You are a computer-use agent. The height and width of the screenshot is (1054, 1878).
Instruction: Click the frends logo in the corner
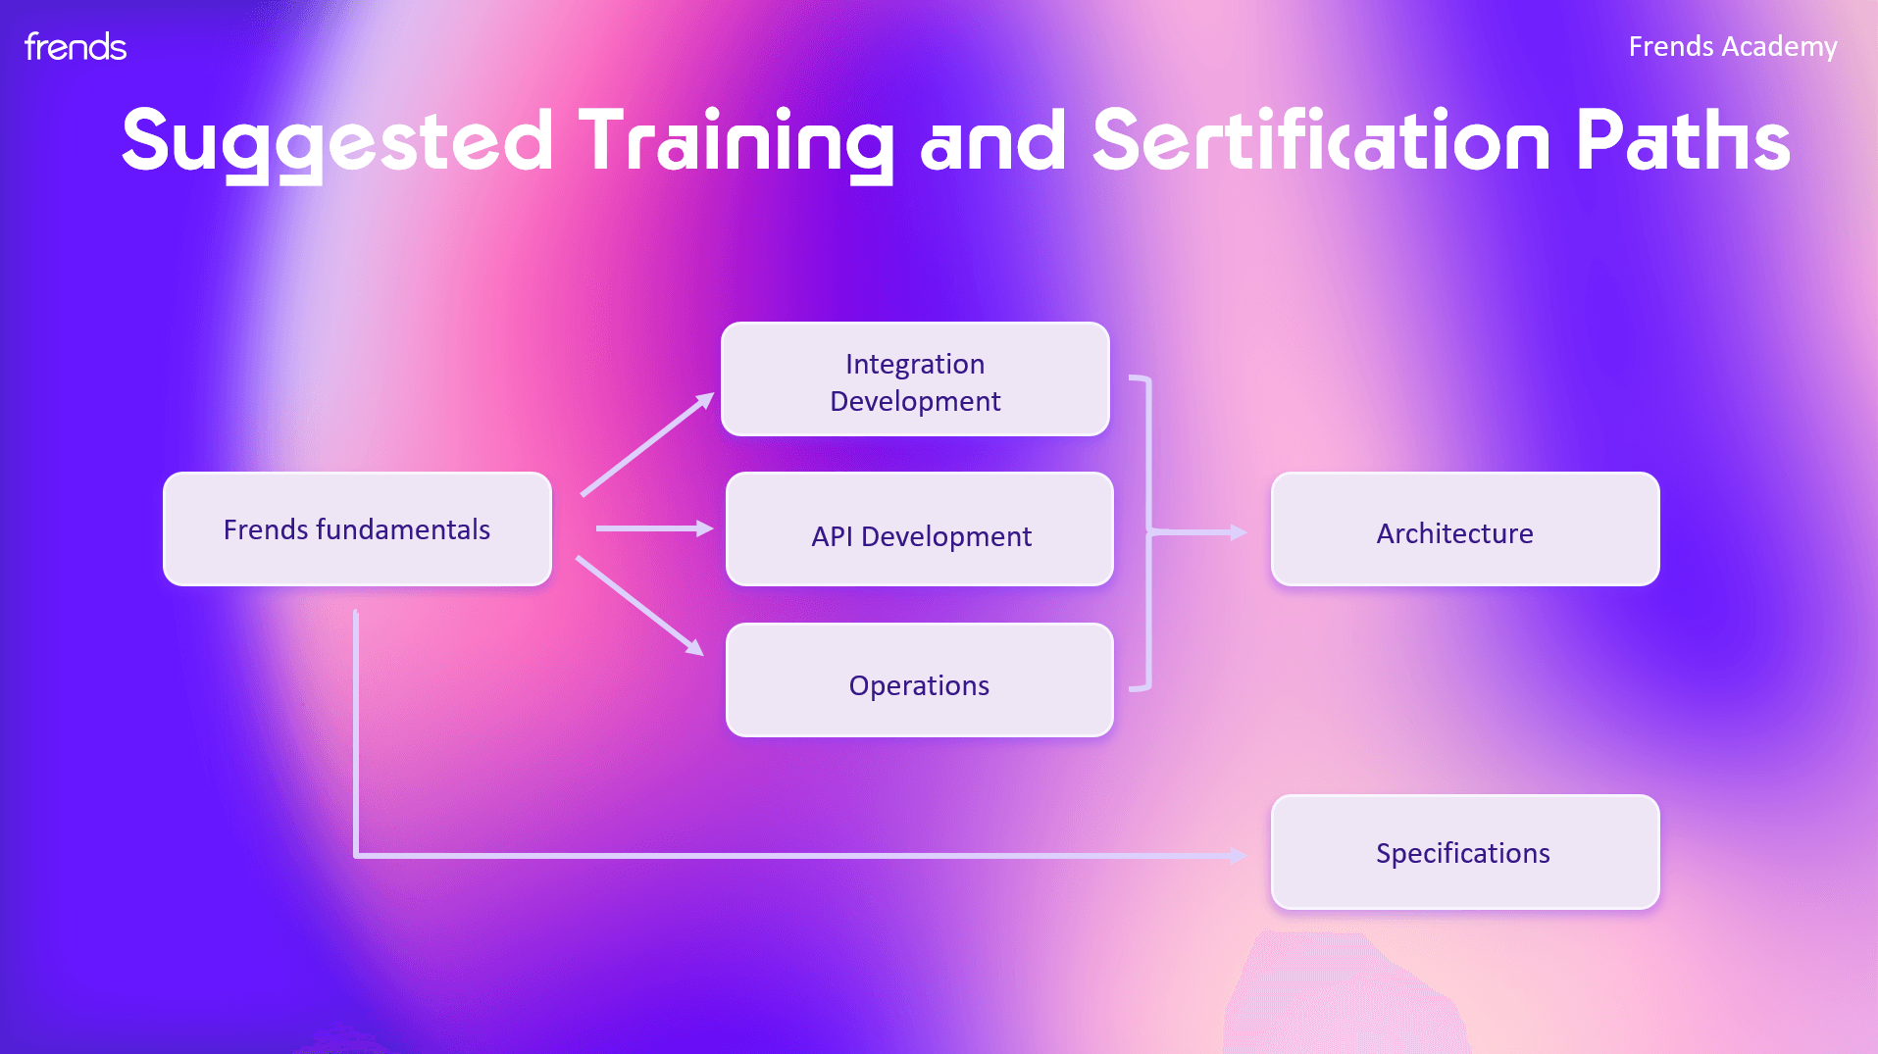click(76, 46)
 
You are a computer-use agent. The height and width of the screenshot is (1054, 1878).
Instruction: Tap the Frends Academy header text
click(1733, 46)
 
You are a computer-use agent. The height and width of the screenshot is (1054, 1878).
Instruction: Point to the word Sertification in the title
click(1321, 139)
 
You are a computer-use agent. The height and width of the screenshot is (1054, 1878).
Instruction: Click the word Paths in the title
click(1683, 139)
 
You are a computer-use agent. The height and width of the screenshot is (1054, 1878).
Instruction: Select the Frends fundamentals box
click(357, 529)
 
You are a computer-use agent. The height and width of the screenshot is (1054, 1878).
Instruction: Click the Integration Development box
click(915, 379)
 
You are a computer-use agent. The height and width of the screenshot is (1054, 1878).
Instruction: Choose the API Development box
click(920, 529)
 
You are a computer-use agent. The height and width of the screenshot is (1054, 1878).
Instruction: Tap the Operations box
click(920, 679)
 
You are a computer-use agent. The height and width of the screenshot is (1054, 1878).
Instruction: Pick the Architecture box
click(1465, 529)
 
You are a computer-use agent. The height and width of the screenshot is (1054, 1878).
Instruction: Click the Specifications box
click(1465, 852)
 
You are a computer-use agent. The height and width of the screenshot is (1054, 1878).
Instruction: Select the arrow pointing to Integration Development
click(647, 444)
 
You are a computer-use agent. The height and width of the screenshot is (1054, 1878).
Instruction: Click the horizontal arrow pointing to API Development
click(655, 528)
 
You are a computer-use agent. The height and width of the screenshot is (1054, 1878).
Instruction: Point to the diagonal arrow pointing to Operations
click(639, 606)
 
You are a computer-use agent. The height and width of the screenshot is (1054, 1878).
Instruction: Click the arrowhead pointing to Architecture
click(1240, 532)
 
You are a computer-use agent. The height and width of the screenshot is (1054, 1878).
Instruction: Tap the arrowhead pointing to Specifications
click(1240, 856)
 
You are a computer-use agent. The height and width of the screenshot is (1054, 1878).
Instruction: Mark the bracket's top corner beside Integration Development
click(1147, 378)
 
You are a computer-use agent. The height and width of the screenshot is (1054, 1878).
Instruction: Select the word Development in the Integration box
click(915, 402)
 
